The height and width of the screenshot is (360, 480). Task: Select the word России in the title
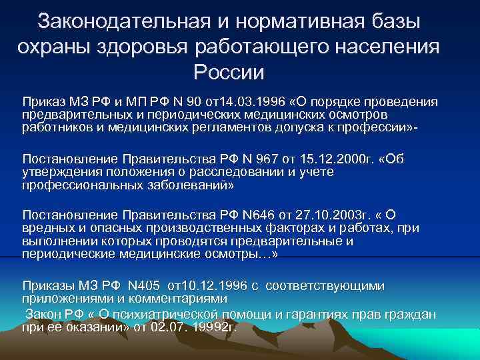229,71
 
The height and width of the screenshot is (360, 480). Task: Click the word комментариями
190,297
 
